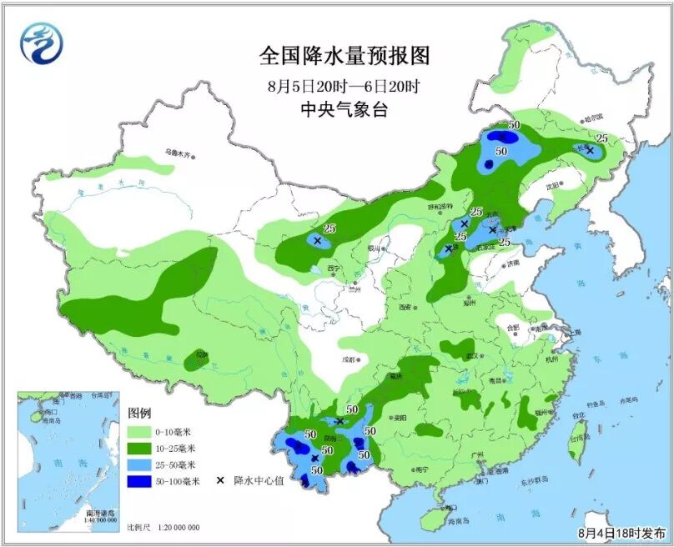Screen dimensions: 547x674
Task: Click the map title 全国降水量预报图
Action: pyautogui.click(x=344, y=56)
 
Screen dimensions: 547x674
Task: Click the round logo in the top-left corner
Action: pyautogui.click(x=42, y=42)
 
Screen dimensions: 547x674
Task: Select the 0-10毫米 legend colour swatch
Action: pyautogui.click(x=139, y=432)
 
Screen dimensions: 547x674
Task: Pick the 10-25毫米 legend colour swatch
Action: pyautogui.click(x=139, y=449)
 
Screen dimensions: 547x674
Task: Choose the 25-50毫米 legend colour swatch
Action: pyautogui.click(x=139, y=465)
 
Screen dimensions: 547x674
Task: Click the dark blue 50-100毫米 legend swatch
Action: pyautogui.click(x=139, y=482)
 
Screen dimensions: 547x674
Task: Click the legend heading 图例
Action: pyautogui.click(x=138, y=414)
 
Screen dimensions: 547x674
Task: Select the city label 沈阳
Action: pyautogui.click(x=550, y=187)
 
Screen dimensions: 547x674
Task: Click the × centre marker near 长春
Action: pyautogui.click(x=590, y=151)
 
